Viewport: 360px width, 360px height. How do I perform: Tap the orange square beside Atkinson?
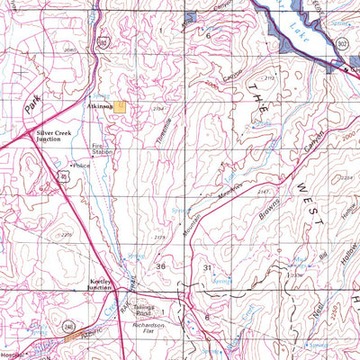(x=120, y=106)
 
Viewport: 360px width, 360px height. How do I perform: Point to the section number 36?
(x=161, y=267)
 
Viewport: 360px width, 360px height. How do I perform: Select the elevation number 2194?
(x=158, y=109)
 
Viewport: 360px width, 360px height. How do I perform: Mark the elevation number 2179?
(x=159, y=237)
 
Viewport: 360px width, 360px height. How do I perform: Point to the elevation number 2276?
(x=66, y=235)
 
